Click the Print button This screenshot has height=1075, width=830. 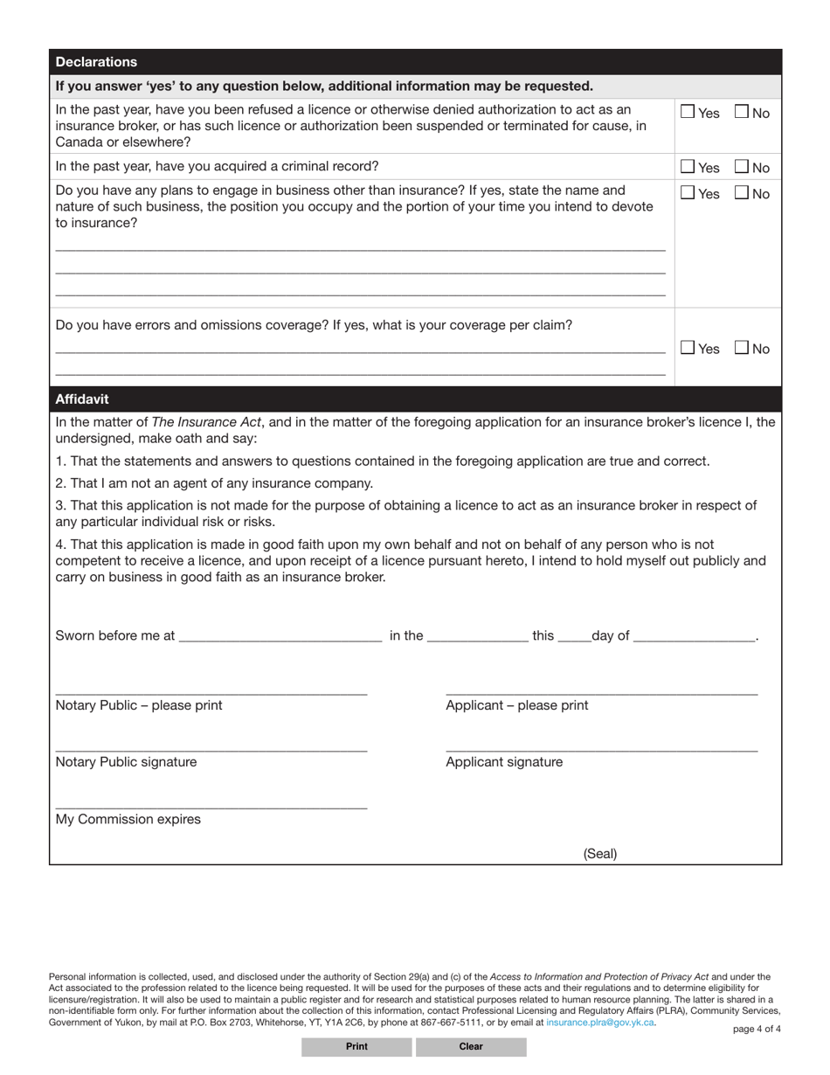(x=356, y=1046)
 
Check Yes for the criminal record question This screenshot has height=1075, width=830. (x=688, y=167)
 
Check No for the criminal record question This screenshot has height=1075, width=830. (x=741, y=167)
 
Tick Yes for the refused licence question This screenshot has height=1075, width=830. (x=688, y=112)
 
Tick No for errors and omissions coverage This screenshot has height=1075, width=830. (x=741, y=348)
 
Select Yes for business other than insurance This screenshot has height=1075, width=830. (x=688, y=193)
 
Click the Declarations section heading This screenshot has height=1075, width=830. (x=96, y=62)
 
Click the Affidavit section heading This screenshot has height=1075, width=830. (x=82, y=399)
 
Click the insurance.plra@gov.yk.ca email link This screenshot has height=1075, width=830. (x=599, y=1022)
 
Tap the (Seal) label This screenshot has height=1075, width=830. (x=600, y=854)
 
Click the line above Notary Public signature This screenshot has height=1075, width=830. (x=211, y=748)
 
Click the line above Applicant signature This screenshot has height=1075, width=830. (x=601, y=748)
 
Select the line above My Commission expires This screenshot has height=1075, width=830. (x=211, y=806)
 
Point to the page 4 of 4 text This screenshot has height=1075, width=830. (x=757, y=1029)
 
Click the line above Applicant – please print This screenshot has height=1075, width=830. (x=601, y=691)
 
